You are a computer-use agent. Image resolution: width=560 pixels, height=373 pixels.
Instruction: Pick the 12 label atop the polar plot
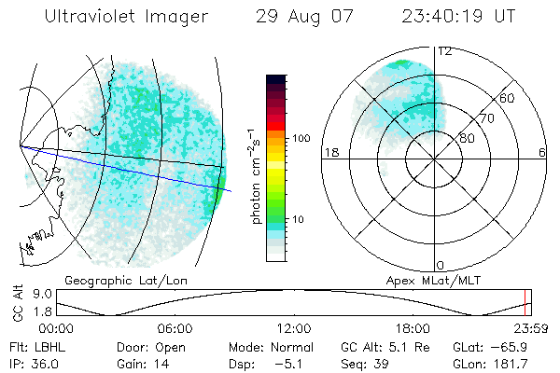(x=444, y=51)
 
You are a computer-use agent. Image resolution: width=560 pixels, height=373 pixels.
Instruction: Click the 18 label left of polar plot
(x=329, y=153)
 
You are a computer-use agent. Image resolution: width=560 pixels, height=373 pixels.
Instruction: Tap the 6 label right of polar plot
(x=542, y=153)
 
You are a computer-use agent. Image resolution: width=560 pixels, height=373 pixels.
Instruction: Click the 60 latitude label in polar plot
(x=508, y=98)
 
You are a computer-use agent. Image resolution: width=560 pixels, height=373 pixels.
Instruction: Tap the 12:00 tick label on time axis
(x=294, y=328)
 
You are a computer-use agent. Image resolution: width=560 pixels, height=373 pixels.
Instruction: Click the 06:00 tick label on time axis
(x=175, y=328)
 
